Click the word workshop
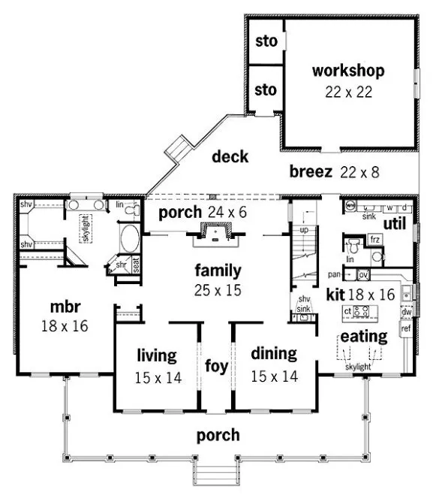pyautogui.click(x=348, y=71)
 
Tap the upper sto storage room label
pyautogui.click(x=266, y=41)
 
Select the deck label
pyautogui.click(x=230, y=156)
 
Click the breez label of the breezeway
pyautogui.click(x=311, y=172)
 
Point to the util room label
pyautogui.click(x=395, y=224)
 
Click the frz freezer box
pyautogui.click(x=376, y=240)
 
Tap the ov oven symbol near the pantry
pyautogui.click(x=362, y=274)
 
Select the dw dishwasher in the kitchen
pyautogui.click(x=407, y=311)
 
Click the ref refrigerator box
pyautogui.click(x=407, y=328)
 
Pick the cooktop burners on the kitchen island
pyautogui.click(x=364, y=310)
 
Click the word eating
pyautogui.click(x=364, y=335)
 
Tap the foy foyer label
pyautogui.click(x=212, y=367)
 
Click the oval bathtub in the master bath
pyautogui.click(x=129, y=242)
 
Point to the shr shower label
pyautogui.click(x=121, y=265)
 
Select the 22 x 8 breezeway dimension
pyautogui.click(x=359, y=172)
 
